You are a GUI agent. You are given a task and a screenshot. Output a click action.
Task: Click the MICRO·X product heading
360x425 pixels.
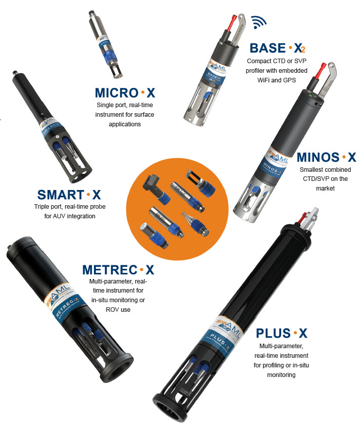[x=125, y=92]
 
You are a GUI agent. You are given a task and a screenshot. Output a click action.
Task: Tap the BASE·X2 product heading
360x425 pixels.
[x=277, y=48]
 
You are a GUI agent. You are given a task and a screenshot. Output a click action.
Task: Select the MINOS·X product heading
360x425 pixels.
[x=326, y=157]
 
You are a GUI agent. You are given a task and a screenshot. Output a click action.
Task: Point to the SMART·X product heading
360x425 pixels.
[x=69, y=195]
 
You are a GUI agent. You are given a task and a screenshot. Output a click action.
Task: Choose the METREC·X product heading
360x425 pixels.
[x=118, y=270]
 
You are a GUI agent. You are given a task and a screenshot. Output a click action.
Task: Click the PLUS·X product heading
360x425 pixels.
[x=282, y=333]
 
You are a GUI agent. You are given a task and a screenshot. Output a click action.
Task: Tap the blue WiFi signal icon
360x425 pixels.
[x=259, y=22]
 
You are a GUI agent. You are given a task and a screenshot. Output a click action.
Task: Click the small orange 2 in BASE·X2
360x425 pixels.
[x=303, y=50]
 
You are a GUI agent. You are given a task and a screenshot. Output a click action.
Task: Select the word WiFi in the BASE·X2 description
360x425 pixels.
[x=263, y=80]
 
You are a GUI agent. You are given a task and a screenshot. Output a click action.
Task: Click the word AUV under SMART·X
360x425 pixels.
[x=59, y=216]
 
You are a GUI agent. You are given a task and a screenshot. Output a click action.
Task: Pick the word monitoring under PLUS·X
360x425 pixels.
[x=281, y=375]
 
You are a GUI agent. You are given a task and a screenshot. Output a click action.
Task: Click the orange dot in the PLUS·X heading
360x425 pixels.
[x=295, y=333]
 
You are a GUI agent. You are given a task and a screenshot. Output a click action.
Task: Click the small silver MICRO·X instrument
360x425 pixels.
[x=106, y=44]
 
